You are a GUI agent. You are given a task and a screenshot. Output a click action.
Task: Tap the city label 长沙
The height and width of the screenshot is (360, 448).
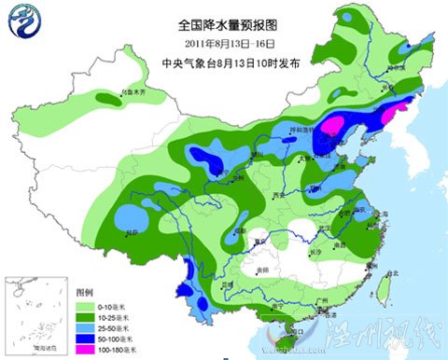pos(315,252)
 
